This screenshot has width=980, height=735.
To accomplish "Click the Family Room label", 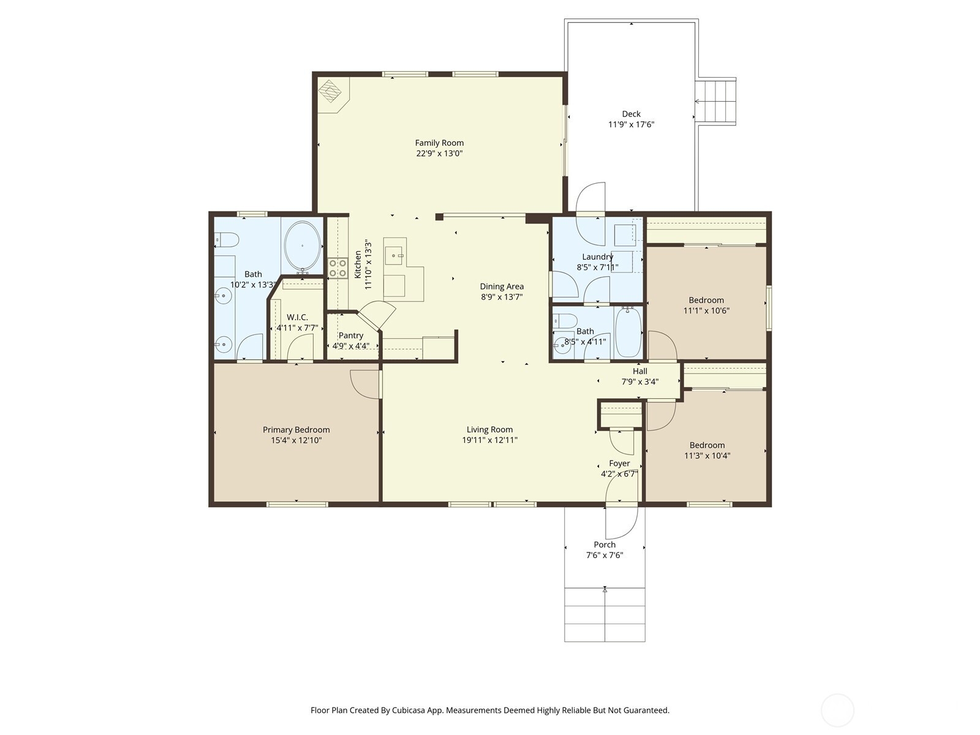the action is [439, 143].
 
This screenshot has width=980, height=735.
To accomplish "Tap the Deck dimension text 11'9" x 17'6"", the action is [631, 124].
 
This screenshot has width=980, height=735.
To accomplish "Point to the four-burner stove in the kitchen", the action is [338, 268].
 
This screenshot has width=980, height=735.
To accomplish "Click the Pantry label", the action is [350, 336].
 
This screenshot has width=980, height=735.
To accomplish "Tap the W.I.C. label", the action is [297, 317].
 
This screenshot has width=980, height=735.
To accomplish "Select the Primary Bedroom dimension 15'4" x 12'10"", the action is [296, 440].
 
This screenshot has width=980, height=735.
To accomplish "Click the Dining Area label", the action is [502, 287].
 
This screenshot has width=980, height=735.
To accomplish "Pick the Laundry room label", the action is [597, 257].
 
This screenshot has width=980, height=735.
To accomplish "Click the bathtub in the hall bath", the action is [628, 332].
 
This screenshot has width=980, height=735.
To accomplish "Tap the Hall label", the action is [640, 371].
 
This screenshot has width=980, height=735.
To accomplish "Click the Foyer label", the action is [619, 464].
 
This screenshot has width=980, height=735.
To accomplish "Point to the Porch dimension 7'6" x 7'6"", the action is [605, 555].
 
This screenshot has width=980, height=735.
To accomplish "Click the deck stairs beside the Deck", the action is [716, 101].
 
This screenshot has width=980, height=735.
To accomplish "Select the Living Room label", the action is [489, 430].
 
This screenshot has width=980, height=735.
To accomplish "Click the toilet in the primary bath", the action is [227, 239].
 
